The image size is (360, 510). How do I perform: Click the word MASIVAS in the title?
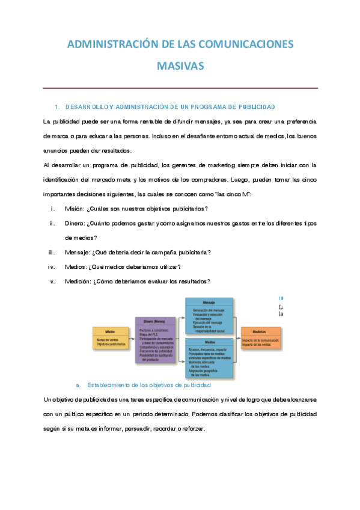coord(180,65)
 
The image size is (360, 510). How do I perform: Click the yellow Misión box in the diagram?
coord(110,338)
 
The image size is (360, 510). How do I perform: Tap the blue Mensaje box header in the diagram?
coord(209,303)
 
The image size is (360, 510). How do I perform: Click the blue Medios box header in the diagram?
coord(209,341)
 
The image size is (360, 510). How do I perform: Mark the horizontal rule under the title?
coord(180,88)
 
